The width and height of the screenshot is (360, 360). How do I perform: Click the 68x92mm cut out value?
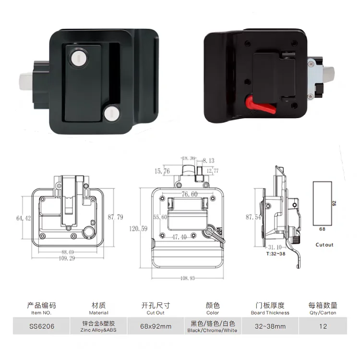(156, 326)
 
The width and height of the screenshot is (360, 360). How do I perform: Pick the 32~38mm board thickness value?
(270, 326)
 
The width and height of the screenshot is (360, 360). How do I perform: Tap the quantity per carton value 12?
(323, 326)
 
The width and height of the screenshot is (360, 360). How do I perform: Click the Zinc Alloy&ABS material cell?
(98, 326)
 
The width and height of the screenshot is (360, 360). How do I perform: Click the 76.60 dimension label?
(189, 194)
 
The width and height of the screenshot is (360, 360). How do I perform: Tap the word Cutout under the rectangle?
(324, 245)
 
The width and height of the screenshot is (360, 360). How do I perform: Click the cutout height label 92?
(338, 203)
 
